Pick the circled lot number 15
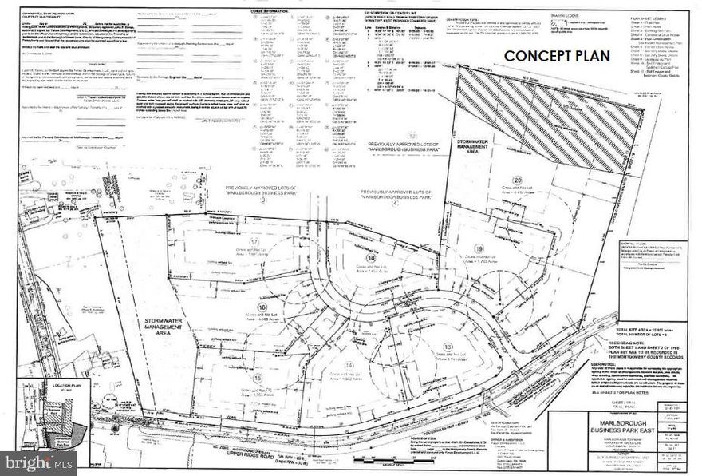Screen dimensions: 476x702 click(x=257, y=377)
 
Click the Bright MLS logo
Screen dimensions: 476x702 click(x=39, y=462)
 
